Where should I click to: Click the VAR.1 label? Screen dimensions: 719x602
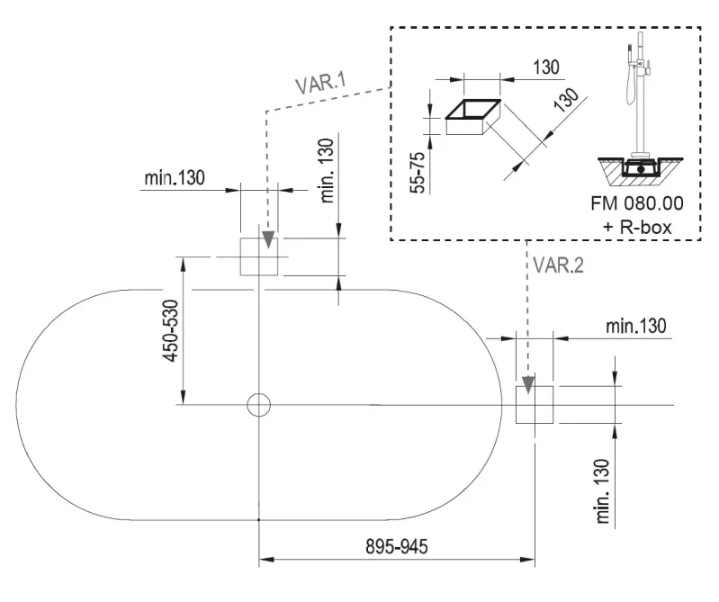(x=320, y=83)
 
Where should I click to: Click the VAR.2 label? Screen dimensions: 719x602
(x=559, y=265)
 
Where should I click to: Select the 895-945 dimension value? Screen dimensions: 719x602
(x=397, y=546)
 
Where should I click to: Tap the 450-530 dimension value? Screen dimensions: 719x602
(x=172, y=330)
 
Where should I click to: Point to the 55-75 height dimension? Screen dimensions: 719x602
(x=418, y=173)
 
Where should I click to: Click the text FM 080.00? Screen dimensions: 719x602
(x=637, y=203)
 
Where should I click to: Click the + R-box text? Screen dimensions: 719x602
(x=637, y=227)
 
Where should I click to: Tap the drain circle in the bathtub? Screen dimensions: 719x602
(x=259, y=405)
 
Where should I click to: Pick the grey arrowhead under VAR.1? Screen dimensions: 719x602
(x=269, y=240)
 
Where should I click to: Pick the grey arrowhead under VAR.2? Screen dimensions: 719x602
(x=528, y=384)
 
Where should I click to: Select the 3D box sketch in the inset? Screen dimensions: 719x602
(x=473, y=117)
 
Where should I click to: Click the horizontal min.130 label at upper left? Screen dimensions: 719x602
(x=175, y=178)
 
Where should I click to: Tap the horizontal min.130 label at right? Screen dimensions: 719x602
(x=636, y=326)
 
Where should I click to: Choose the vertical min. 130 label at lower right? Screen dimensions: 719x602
(x=604, y=491)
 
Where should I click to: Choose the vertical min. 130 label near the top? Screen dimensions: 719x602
(x=328, y=171)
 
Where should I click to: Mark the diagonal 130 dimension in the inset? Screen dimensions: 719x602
(x=567, y=101)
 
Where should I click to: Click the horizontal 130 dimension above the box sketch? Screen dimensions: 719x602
(x=546, y=67)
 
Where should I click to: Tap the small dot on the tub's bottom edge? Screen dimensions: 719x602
(x=259, y=520)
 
